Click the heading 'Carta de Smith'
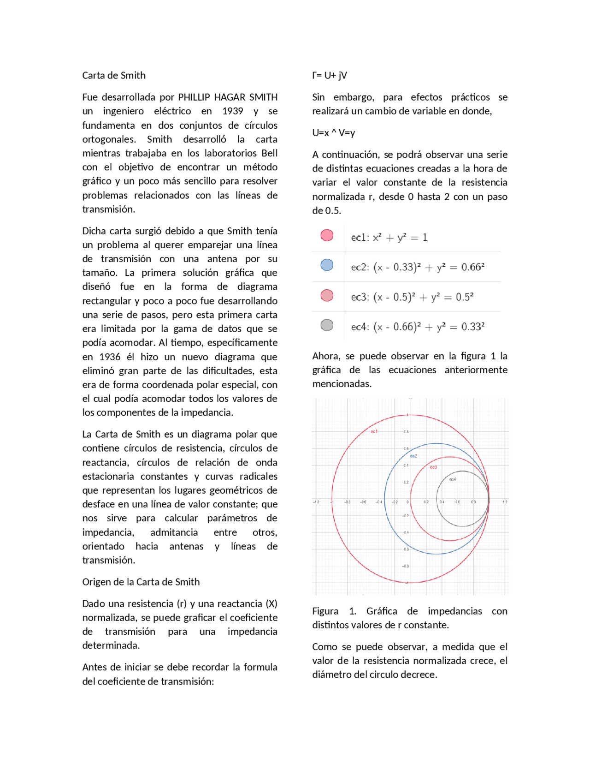click(x=113, y=75)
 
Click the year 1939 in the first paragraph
click(x=232, y=111)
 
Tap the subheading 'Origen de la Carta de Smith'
click(x=141, y=582)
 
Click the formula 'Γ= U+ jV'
click(x=329, y=75)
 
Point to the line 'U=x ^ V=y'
click(x=333, y=133)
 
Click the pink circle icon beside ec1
click(x=327, y=235)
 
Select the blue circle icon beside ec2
click(x=327, y=265)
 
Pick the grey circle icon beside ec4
click(x=327, y=325)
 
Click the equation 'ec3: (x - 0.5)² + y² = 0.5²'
click(x=412, y=297)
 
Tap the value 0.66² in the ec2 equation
click(x=472, y=267)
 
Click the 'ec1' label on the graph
click(x=374, y=431)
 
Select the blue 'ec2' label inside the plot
click(x=413, y=456)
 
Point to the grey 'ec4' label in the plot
click(x=452, y=479)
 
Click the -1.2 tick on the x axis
click(x=316, y=502)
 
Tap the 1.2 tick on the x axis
click(x=505, y=502)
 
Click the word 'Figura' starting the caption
click(x=325, y=611)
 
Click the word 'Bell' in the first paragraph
click(x=269, y=153)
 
